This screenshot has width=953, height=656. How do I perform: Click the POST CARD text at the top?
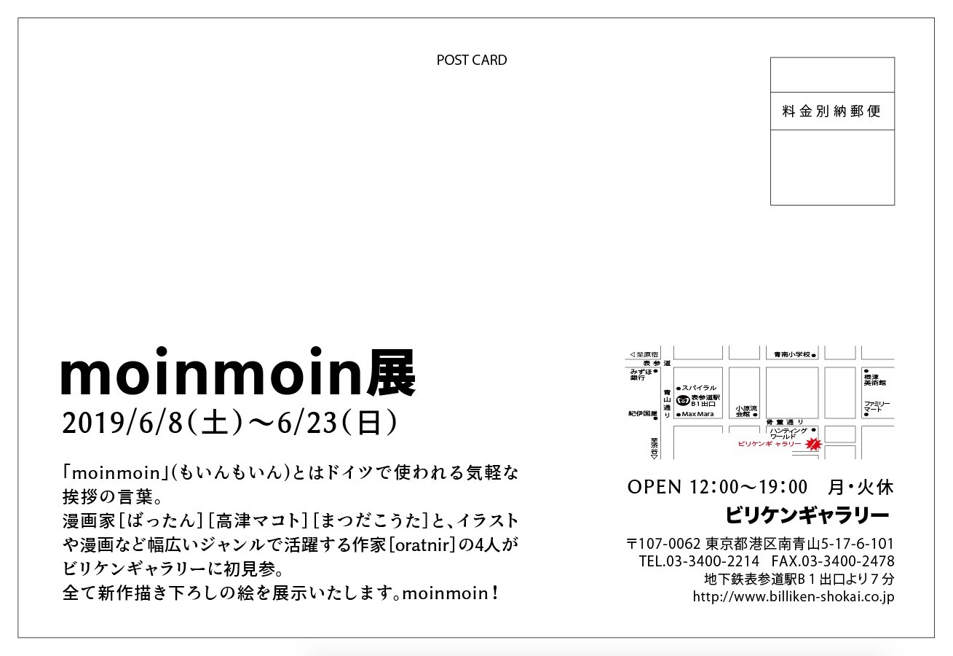point(472,60)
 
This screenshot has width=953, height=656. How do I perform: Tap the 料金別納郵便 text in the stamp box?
point(831,112)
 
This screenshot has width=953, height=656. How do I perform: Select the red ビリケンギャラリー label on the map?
point(769,444)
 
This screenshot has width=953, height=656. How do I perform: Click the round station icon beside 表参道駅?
point(682,399)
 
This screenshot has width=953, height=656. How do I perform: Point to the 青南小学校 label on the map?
point(792,355)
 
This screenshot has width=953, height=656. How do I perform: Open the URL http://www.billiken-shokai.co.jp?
point(794,597)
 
